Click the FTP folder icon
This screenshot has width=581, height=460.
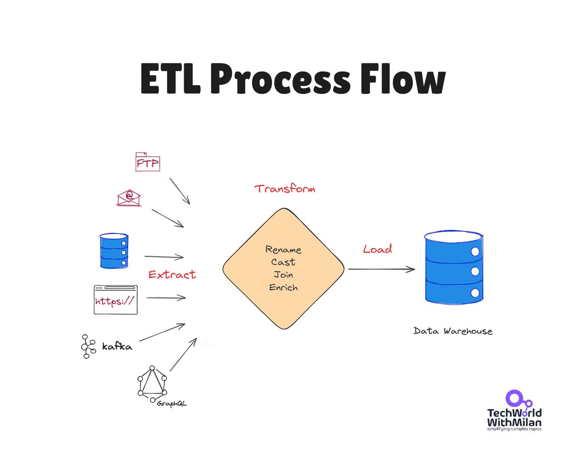click(147, 163)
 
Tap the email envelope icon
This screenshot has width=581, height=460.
click(129, 197)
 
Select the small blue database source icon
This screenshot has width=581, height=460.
click(114, 250)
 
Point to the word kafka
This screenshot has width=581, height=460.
click(117, 347)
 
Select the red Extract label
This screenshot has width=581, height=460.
click(172, 275)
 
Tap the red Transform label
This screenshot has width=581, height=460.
click(285, 189)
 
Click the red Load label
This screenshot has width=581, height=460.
click(378, 249)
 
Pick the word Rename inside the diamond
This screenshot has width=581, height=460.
click(283, 250)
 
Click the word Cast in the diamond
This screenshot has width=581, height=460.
click(283, 262)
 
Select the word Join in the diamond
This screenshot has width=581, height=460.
click(283, 275)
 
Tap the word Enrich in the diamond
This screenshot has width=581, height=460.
click(283, 288)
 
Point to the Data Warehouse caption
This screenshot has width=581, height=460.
click(453, 332)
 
